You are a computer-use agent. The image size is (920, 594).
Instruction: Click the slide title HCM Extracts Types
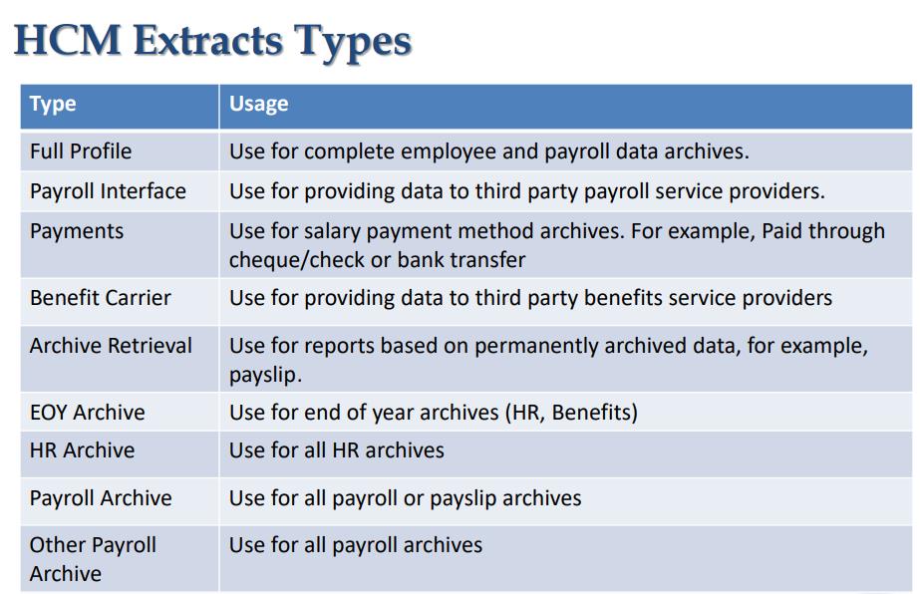(x=213, y=41)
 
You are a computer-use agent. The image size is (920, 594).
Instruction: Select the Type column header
(x=53, y=104)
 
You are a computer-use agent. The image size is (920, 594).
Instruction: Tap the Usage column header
(x=258, y=104)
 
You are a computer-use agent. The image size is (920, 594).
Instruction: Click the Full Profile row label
(x=81, y=151)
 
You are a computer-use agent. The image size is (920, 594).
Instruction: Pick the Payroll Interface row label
(x=108, y=191)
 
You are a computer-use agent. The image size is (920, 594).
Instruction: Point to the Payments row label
(x=77, y=231)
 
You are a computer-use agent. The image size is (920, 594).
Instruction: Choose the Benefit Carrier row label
(x=100, y=298)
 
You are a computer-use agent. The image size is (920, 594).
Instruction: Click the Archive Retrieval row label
(x=111, y=346)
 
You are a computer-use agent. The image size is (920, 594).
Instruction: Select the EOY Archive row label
(x=87, y=413)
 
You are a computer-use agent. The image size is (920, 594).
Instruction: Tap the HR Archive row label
(x=82, y=450)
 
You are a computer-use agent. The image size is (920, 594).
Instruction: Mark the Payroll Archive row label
(x=101, y=498)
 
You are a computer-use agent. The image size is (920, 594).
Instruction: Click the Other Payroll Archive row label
(x=93, y=559)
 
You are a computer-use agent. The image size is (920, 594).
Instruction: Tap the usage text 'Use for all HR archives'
(x=337, y=450)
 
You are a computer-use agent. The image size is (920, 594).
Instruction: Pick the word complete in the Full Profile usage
(x=349, y=151)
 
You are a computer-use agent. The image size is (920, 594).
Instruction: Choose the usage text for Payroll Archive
(x=405, y=498)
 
